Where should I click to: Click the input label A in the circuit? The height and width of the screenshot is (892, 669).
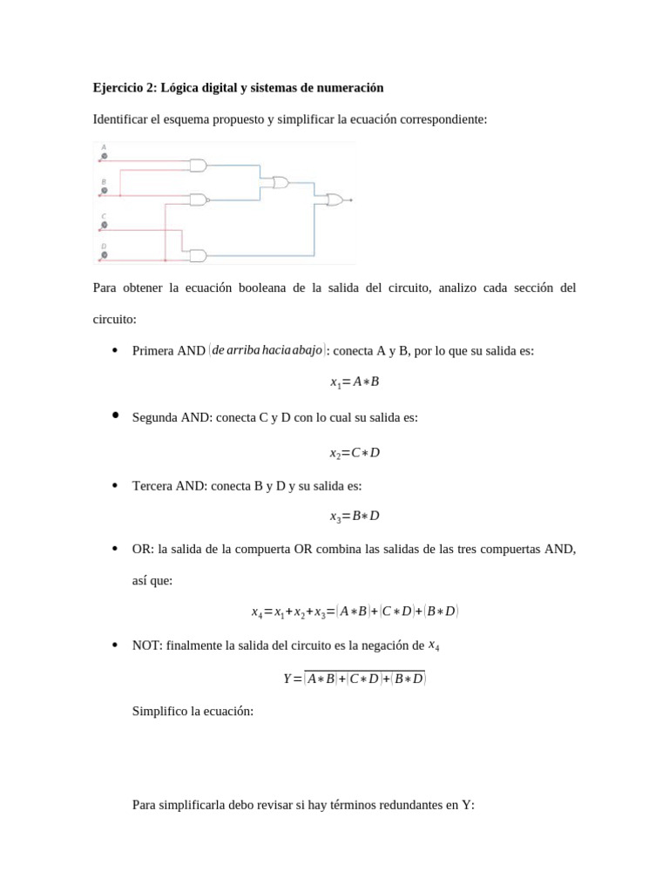coord(105,146)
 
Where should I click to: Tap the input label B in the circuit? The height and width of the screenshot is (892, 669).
coord(105,182)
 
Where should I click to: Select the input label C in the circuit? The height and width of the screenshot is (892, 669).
coord(105,216)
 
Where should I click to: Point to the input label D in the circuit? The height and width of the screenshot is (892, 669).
coord(105,247)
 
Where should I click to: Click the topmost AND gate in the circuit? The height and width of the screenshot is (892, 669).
coord(198,165)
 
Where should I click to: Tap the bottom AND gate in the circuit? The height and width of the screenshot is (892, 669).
coord(198,255)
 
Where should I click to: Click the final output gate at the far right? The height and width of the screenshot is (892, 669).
coord(334,200)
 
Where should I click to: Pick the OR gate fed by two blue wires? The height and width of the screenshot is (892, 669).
coord(280,182)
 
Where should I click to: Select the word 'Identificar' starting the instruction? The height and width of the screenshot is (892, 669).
coord(119,118)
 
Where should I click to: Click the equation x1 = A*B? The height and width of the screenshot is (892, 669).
coord(355,382)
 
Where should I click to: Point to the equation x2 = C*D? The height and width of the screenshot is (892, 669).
coord(355,453)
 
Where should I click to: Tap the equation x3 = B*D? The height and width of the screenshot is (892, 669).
coord(355,516)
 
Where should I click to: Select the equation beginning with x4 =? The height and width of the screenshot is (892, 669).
coord(355,612)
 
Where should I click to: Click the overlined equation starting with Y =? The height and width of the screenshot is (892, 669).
coord(355,678)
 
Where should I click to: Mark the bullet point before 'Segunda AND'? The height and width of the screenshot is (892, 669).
coord(115,416)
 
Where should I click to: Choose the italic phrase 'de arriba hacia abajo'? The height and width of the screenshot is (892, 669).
coord(267,349)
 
